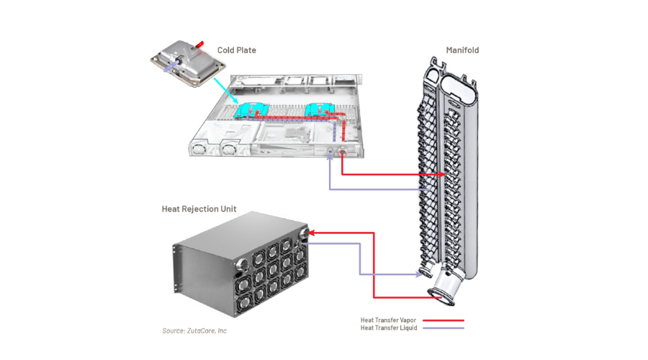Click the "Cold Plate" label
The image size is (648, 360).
237,50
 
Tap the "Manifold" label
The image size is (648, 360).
462,50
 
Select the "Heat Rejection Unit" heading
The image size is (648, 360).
199,210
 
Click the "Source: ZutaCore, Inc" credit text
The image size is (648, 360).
194,331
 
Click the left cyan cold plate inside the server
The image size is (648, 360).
252,109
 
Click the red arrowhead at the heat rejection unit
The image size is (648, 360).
315,233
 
